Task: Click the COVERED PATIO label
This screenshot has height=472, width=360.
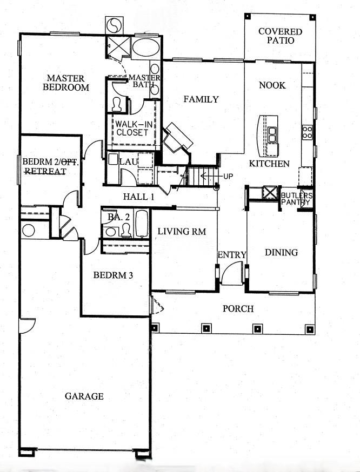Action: tap(279, 36)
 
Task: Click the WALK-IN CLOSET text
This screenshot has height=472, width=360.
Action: tap(131, 128)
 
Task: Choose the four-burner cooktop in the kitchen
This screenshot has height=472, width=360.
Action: tap(308, 132)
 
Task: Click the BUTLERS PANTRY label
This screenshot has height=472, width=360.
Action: tap(296, 199)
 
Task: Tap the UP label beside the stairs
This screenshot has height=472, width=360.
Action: tap(228, 176)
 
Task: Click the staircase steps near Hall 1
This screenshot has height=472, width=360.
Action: tap(201, 176)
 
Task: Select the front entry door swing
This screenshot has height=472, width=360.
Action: tap(233, 273)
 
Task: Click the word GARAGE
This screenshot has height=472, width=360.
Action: tap(84, 396)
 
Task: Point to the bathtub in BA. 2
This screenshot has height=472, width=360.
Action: tap(141, 225)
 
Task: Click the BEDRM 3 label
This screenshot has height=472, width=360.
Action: tap(114, 275)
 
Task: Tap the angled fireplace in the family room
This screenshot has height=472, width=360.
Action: tap(178, 138)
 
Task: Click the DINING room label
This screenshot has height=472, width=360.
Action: tap(281, 252)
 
